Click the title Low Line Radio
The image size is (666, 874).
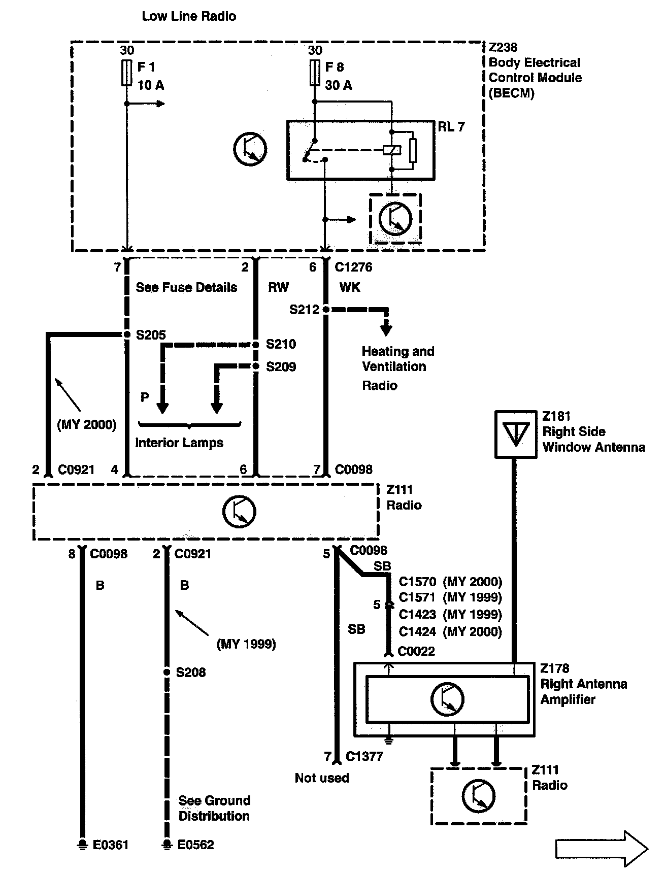click(189, 16)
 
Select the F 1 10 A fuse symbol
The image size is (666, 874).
click(126, 73)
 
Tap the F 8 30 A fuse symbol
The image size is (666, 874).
click(314, 73)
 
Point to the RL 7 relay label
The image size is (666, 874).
click(451, 127)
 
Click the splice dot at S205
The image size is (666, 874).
click(126, 334)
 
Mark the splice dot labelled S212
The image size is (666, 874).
click(325, 309)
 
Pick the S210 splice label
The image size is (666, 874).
click(281, 344)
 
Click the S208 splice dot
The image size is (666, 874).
click(166, 672)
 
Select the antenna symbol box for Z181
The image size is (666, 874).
click(515, 434)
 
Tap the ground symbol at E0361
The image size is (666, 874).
click(81, 845)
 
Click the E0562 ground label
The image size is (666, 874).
click(195, 845)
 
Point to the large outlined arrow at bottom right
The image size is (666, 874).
click(602, 848)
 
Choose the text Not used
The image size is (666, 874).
click(322, 778)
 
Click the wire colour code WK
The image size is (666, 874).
click(350, 287)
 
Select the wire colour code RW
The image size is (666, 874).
click(278, 287)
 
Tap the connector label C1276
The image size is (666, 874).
click(353, 267)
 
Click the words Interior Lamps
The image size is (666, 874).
click(179, 443)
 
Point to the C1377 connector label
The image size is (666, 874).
click(364, 756)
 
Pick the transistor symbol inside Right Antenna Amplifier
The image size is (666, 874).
click(447, 699)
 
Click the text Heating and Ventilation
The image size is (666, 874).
click(397, 359)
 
